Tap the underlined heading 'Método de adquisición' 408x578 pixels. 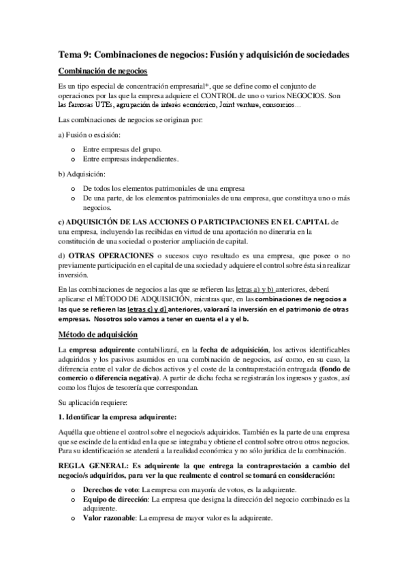(98, 334)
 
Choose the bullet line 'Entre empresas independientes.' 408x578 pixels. (130, 159)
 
